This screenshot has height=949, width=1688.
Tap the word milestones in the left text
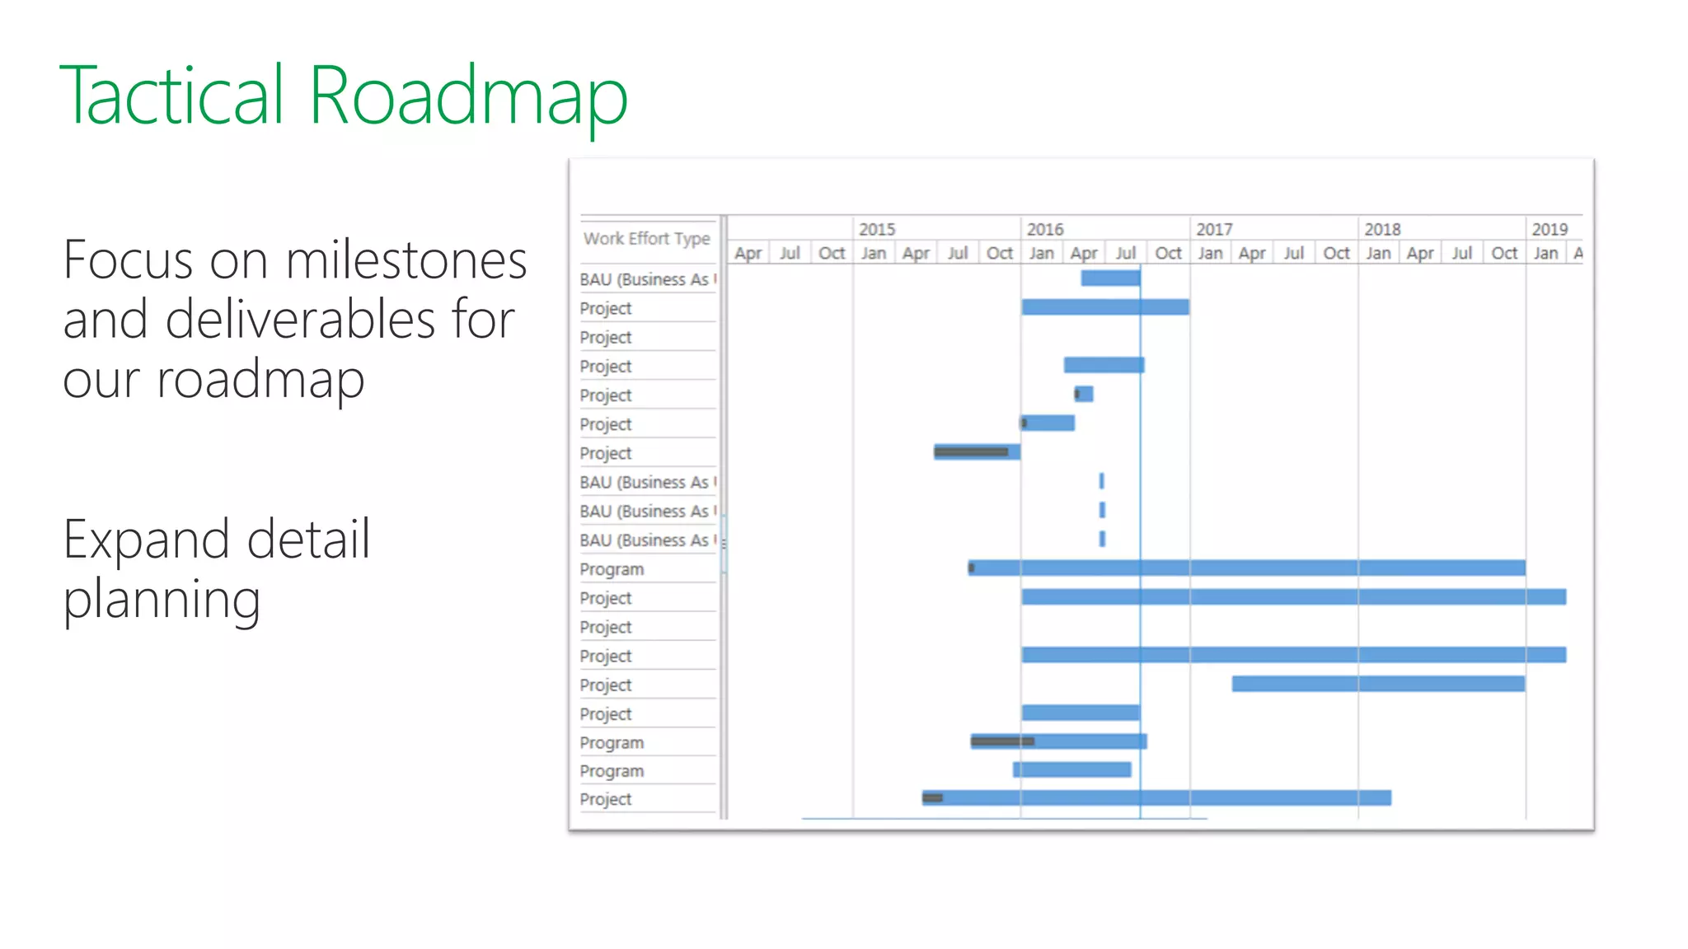406,260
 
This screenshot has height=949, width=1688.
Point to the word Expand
146,540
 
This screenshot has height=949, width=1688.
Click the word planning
162,600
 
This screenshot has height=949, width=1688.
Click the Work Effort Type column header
646,239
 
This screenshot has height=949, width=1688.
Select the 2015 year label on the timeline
876,229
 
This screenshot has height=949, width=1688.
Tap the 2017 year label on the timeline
1213,229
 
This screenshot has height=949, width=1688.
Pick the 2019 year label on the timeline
1549,229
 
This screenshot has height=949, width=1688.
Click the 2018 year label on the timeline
1381,229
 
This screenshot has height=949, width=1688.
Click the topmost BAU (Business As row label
644,279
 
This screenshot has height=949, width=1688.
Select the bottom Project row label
605,799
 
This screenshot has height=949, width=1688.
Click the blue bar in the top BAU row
1110,278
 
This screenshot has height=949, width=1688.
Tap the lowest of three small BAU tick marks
1102,539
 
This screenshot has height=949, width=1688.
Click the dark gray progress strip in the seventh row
971,451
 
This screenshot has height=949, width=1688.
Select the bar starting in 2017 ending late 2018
1377,684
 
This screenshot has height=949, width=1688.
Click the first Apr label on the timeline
747,253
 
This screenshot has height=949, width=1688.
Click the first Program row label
612,569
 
